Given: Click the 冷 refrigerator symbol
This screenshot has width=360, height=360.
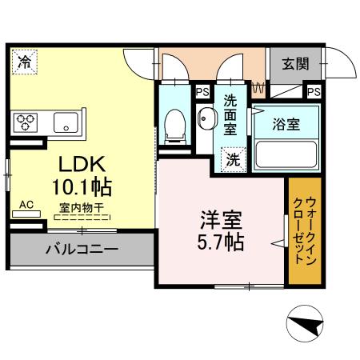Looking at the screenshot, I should [x=26, y=61].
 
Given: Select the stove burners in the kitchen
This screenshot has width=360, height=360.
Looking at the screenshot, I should [x=26, y=122].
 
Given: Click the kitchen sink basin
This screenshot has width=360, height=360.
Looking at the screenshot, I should [x=63, y=122].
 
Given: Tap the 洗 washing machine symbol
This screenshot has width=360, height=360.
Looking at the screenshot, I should [x=232, y=159].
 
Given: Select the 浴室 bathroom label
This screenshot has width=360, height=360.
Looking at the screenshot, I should [x=286, y=125].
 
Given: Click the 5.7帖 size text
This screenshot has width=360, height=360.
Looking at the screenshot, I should [x=222, y=240].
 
